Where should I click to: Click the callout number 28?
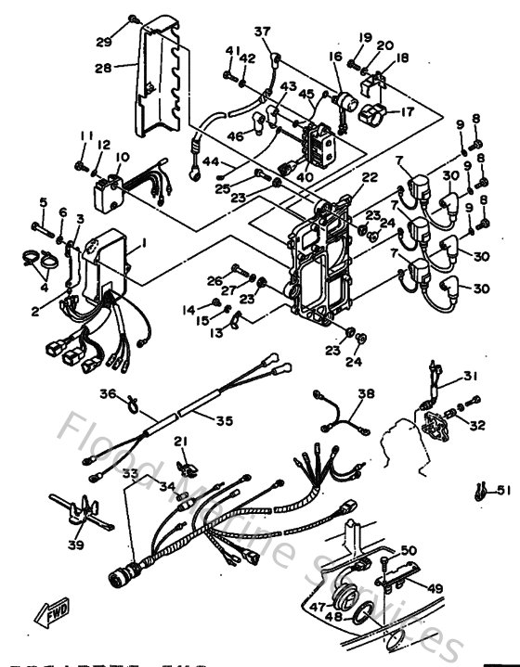click(x=102, y=67)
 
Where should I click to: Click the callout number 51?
click(x=503, y=491)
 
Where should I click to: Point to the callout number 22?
click(x=344, y=177)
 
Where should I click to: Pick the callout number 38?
click(x=366, y=392)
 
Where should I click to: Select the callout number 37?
click(x=263, y=32)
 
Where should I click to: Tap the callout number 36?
click(x=107, y=393)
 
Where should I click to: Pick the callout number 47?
click(x=317, y=607)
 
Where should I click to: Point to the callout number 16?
click(x=335, y=57)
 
